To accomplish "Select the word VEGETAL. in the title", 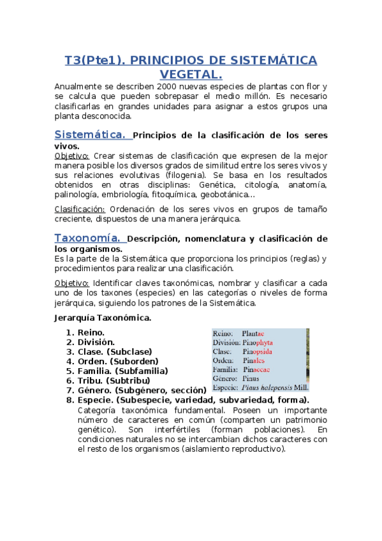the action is [191, 75].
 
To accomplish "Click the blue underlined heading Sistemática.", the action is [90, 135].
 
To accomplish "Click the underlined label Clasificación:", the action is [80, 209].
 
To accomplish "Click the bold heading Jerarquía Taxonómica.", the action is [103, 317].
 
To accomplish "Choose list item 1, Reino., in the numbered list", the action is [91, 332].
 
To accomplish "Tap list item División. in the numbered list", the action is [96, 342].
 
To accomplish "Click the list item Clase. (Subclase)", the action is [115, 352].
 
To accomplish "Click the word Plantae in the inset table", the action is [254, 334].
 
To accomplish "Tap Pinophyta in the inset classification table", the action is [258, 343].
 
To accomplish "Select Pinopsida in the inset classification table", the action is [258, 352].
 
